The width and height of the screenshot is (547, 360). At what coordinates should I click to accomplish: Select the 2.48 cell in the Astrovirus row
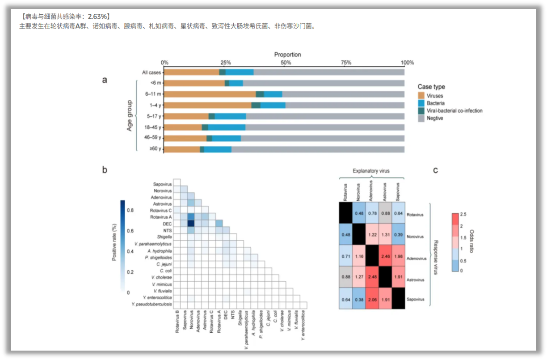click(x=372, y=279)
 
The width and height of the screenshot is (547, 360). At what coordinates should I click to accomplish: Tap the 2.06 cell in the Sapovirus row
click(x=372, y=299)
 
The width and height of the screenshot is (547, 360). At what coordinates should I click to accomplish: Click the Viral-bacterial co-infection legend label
click(x=454, y=111)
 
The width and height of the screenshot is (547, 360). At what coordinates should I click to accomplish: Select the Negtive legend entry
click(x=435, y=119)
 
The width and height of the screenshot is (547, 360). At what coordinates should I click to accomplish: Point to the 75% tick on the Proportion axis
click(x=346, y=63)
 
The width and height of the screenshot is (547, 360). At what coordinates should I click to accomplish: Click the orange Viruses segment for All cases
click(x=192, y=72)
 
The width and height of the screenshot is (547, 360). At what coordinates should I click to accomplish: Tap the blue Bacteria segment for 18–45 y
click(x=227, y=127)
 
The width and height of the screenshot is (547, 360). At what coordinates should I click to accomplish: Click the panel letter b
click(x=105, y=170)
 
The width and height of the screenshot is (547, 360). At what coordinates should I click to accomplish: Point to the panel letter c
click(x=435, y=170)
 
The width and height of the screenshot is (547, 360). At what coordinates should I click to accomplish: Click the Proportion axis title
click(x=287, y=55)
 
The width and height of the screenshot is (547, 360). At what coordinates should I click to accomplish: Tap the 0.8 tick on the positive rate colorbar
click(x=130, y=210)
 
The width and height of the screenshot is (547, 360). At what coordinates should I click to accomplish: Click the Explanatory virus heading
click(x=370, y=171)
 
